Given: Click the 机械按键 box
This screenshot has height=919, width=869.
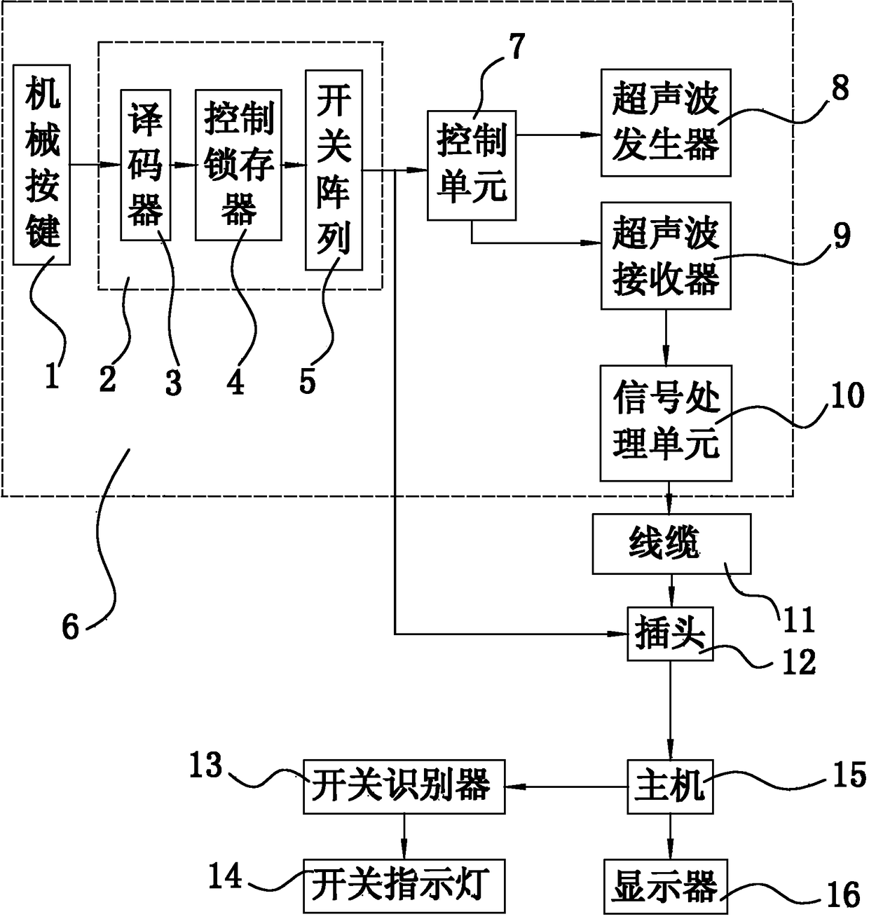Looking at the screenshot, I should tap(42, 165).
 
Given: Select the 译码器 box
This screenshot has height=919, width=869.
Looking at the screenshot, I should tap(145, 165).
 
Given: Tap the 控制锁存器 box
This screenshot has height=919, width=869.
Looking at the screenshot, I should tap(238, 165).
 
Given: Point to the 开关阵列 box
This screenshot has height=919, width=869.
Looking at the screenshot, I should tap(334, 170).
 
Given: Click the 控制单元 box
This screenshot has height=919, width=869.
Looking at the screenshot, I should tap(471, 165).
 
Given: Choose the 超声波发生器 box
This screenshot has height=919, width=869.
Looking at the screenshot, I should tap(665, 122).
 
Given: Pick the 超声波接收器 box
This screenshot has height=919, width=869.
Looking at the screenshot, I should tap(665, 255).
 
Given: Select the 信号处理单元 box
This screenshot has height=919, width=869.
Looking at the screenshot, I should tap(665, 422).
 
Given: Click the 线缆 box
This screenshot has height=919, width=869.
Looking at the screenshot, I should tap(671, 544).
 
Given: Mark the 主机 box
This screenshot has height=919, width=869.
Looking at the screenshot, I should tap(669, 787).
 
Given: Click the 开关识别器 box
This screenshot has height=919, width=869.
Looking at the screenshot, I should tap(403, 787).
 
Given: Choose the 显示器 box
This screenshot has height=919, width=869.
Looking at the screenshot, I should tap(665, 885).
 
